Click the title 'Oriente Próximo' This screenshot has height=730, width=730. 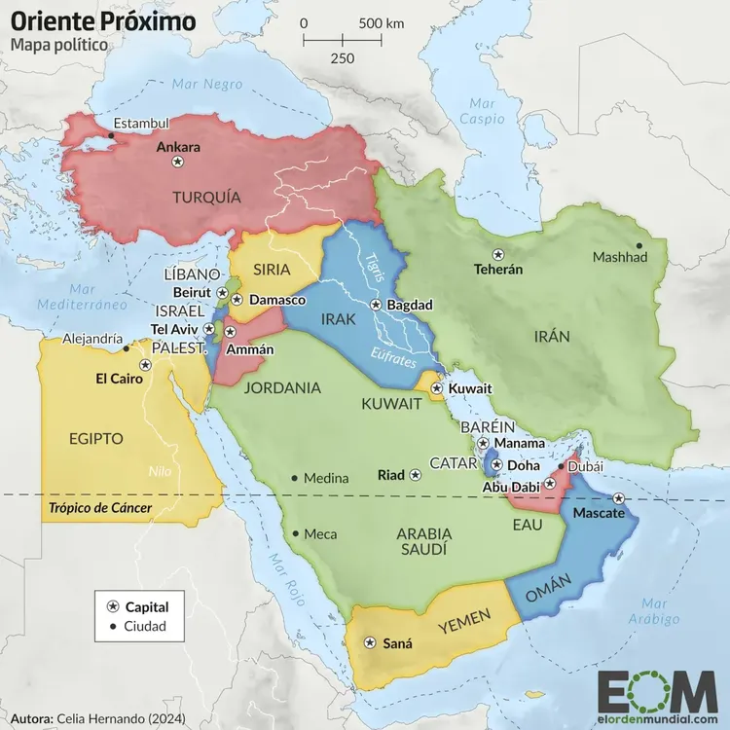[x=102, y=20]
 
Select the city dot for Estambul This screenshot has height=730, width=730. [x=112, y=135]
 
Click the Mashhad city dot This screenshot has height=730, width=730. [x=639, y=245]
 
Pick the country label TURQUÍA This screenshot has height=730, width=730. [x=206, y=197]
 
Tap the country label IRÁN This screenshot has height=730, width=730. [x=551, y=336]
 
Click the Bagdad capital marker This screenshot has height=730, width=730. [x=376, y=305]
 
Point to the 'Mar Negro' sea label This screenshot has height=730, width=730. [x=206, y=85]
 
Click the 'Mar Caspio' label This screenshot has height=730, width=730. [x=482, y=111]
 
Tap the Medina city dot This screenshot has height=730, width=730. [x=295, y=478]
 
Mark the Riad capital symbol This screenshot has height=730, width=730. [x=416, y=475]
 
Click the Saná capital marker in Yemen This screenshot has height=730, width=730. [x=369, y=642]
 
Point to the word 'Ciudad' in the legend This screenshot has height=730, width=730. [x=146, y=626]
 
